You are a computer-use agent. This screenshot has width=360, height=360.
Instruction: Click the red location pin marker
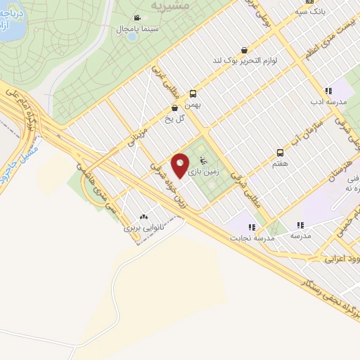tap(181, 166)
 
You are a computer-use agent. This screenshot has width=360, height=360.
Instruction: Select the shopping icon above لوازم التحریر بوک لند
tap(243, 50)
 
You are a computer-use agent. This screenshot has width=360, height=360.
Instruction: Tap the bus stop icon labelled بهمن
tap(193, 93)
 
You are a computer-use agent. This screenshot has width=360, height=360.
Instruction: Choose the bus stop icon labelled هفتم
tap(280, 153)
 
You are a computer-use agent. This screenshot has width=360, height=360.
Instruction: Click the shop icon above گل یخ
tap(174, 108)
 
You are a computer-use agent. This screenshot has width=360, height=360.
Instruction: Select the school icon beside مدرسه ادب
tap(328, 91)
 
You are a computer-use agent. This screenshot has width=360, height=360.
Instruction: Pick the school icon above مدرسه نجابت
tap(252, 226)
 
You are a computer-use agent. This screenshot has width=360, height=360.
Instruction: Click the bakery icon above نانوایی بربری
tap(143, 217)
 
